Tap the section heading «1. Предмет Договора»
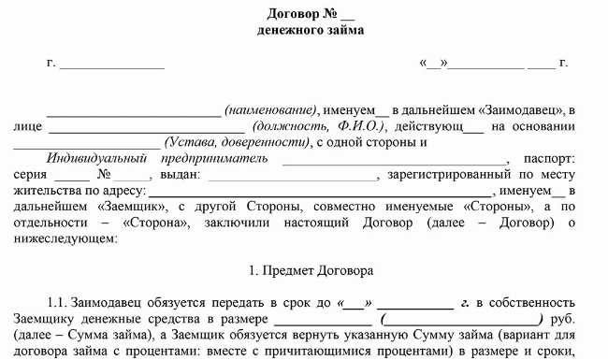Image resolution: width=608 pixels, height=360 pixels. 311,270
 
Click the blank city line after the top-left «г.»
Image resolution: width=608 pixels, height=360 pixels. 112,65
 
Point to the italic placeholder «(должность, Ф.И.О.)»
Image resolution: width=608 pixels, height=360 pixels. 317,126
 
